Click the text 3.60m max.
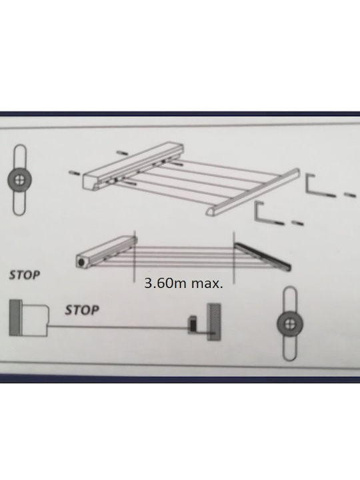[184, 283]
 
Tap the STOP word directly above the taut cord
[82, 310]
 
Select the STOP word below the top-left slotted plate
[25, 275]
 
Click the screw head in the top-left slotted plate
[19, 180]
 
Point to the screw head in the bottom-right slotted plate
[289, 324]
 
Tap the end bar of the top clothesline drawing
[253, 192]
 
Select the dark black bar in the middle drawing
[263, 256]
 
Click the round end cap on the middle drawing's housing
[81, 263]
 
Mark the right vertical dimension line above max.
[234, 257]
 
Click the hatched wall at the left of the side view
[15, 318]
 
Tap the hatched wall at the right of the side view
[214, 322]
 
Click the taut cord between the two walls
[118, 327]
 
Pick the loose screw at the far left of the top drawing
[75, 174]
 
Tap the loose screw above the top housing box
[123, 153]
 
